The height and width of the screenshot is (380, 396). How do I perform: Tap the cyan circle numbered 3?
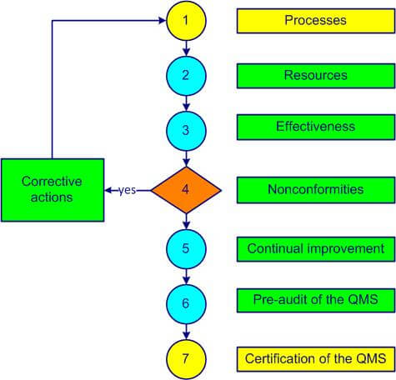[185, 130]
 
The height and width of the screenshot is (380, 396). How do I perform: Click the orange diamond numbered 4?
[185, 190]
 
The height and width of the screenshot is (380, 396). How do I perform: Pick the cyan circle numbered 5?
[185, 248]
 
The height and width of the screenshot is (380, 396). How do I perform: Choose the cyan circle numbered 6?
[185, 302]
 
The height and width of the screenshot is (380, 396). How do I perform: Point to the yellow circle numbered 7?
[185, 357]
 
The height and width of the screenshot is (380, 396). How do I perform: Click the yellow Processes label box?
[315, 20]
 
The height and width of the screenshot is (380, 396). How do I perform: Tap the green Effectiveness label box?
[315, 128]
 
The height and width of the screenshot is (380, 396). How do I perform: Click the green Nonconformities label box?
[315, 189]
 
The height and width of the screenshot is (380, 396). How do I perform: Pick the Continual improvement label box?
[315, 248]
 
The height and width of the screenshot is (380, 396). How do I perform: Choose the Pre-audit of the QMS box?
[315, 300]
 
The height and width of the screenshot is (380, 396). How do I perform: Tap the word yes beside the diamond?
[127, 190]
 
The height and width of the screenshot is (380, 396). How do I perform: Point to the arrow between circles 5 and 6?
[185, 275]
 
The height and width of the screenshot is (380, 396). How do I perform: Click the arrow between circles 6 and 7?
[185, 329]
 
